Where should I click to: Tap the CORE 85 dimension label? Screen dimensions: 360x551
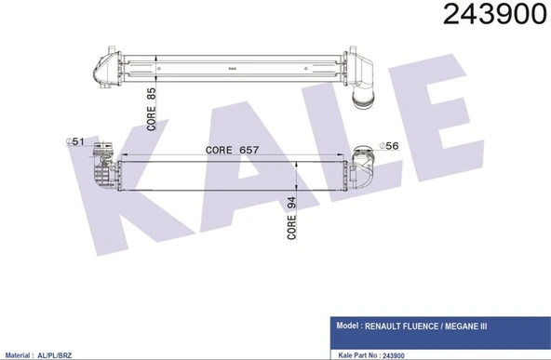[151, 109]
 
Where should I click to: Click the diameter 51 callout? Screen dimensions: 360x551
[75, 141]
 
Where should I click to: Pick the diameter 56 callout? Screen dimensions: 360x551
[388, 146]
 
